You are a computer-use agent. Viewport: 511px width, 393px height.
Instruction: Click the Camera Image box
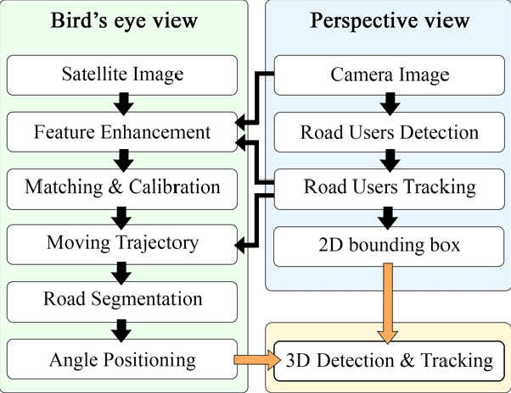(389, 76)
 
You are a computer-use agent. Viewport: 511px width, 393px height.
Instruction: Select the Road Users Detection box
(389, 132)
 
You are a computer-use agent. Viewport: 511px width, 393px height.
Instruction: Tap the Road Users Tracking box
(389, 187)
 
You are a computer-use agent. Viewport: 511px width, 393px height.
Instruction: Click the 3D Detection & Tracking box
(389, 360)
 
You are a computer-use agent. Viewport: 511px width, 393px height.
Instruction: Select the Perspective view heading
(389, 20)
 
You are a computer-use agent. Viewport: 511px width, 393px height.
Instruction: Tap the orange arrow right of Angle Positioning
(256, 360)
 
